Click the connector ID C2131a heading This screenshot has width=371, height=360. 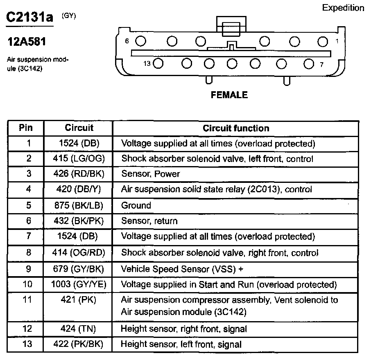pos(29,17)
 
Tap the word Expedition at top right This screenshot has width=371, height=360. pos(343,8)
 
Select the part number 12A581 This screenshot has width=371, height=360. pos(27,42)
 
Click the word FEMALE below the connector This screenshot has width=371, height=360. pos(229,95)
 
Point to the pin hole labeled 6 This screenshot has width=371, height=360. pos(140,41)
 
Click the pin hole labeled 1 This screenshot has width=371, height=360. pos(323,41)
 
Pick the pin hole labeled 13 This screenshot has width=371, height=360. pos(158,63)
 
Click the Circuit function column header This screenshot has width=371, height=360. pos(236,128)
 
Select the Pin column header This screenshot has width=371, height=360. pos(26,128)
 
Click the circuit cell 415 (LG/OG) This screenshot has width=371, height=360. pos(79,159)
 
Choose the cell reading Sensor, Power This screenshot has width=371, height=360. pos(150,174)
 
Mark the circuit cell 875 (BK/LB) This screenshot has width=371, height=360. pos(79,205)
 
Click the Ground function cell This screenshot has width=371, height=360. pos(136,205)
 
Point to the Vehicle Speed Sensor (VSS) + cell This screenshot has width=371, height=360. pos(185,269)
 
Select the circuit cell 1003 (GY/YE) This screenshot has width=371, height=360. pos(79,284)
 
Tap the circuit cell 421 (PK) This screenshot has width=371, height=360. pos(79,300)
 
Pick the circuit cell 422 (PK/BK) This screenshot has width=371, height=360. pos(79,344)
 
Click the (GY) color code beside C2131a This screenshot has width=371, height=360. pos(68,16)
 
